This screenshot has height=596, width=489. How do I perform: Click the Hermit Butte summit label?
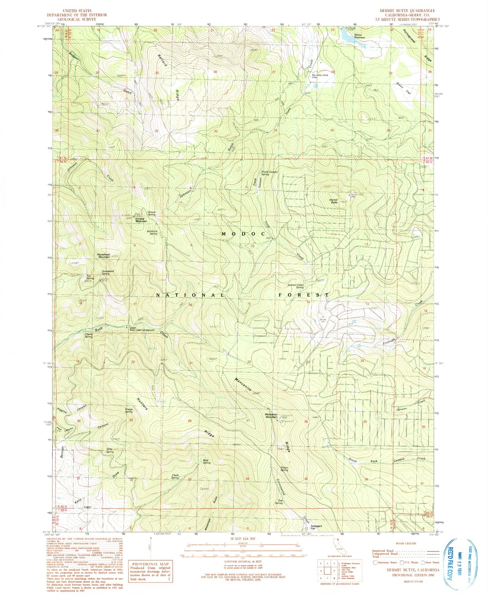pyautogui.click(x=334, y=201)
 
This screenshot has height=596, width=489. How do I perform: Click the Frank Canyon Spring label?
pyautogui.click(x=269, y=173)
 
